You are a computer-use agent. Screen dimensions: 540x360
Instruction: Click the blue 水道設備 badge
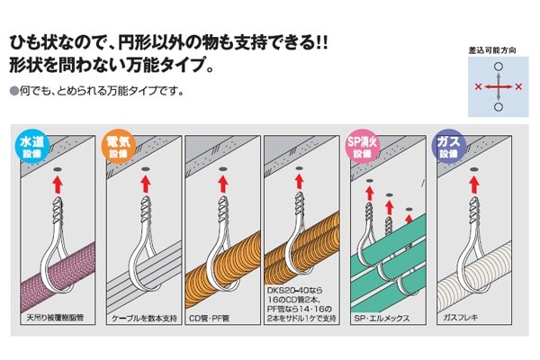coord(32,147)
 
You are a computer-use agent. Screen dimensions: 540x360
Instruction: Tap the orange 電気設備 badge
coord(119,147)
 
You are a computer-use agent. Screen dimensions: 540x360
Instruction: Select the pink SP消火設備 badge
coord(363,147)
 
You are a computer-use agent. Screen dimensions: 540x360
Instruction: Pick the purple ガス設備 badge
coord(448,147)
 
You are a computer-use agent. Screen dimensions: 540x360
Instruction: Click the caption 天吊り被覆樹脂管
coord(55,318)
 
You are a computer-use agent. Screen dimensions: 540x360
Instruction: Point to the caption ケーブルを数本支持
coord(144,318)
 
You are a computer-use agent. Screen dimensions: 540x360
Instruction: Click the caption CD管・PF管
coord(209,318)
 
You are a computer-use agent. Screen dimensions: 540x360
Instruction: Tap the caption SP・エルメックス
coord(382,318)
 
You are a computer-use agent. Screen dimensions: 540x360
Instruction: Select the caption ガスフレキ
coord(461,318)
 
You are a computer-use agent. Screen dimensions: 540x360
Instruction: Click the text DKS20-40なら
coord(295,291)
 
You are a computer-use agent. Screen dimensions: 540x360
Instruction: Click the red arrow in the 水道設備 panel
coord(58,184)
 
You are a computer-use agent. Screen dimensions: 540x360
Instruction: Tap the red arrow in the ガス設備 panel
coord(474,184)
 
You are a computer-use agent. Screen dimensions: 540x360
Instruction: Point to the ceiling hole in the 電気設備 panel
coord(145,169)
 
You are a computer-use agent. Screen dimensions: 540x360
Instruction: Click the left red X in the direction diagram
coord(478,86)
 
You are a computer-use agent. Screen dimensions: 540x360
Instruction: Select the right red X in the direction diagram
coord(518,86)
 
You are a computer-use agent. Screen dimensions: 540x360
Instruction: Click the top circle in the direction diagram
coord(499,67)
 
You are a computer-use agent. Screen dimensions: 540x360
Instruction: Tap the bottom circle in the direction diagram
coord(499,107)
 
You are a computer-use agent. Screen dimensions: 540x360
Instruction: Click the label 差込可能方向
coord(492,50)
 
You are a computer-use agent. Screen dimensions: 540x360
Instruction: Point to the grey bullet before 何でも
coord(14,91)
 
